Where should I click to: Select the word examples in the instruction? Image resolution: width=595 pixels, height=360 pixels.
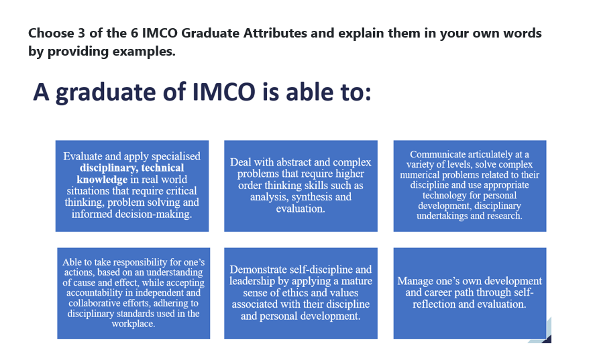click(142, 52)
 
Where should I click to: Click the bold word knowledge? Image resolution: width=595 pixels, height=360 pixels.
click(102, 180)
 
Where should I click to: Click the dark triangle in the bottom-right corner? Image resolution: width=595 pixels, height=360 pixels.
click(546, 337)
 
